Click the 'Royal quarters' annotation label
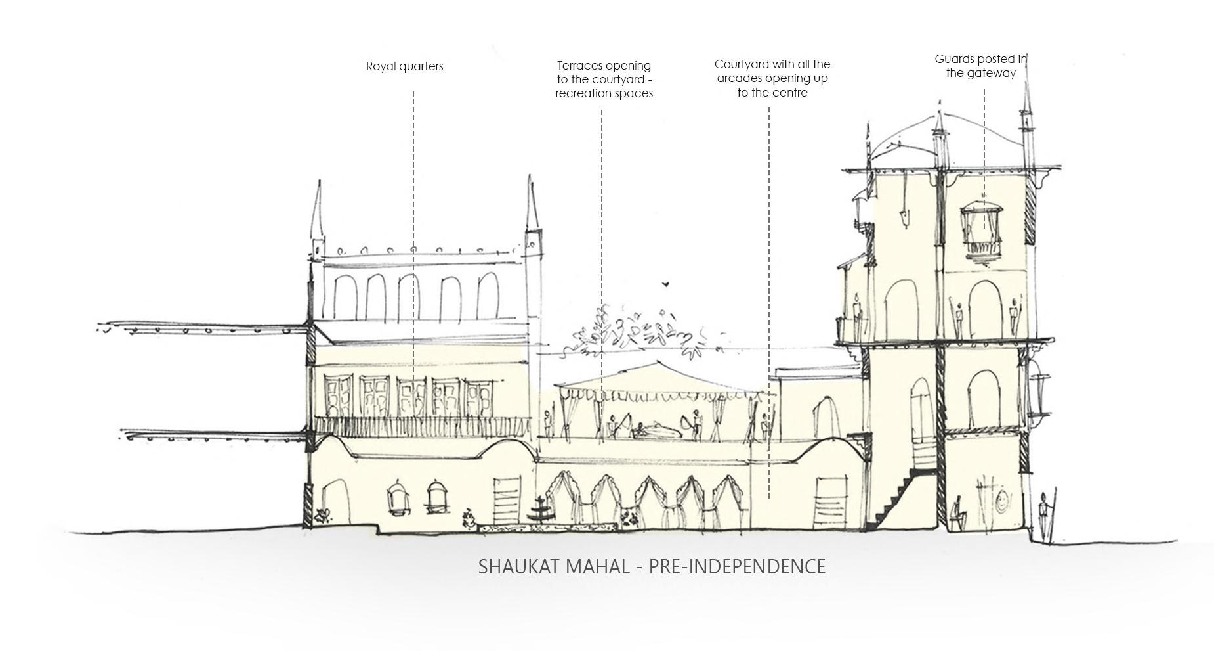point(404,66)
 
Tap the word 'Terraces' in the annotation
point(581,66)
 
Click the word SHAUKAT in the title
point(520,566)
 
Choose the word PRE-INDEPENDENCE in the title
point(737,566)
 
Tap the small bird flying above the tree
point(665,284)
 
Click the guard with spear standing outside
point(1044,516)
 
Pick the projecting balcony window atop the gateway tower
point(982,231)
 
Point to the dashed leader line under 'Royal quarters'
point(413,230)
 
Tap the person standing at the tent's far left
point(548,424)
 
